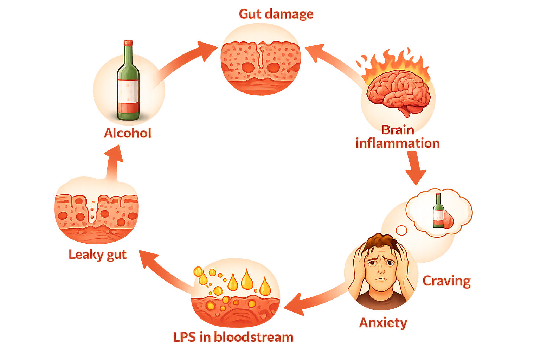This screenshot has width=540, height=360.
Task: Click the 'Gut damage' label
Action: [276, 14]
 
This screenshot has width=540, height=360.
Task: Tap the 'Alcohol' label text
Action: [128, 133]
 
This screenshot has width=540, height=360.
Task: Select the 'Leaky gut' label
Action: [97, 255]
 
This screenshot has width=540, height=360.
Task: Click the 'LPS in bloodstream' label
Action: [233, 337]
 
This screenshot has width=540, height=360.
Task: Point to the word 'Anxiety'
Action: [383, 322]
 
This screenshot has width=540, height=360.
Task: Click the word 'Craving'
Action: [446, 281]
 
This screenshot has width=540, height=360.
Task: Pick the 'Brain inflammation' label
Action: [398, 137]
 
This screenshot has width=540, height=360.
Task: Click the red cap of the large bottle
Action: [128, 43]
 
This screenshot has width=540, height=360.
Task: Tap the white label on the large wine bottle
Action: [128, 91]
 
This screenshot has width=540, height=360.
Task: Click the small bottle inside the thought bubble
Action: [438, 211]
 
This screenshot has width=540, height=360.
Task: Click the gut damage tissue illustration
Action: [261, 67]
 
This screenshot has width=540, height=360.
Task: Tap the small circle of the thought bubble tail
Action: [401, 230]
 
